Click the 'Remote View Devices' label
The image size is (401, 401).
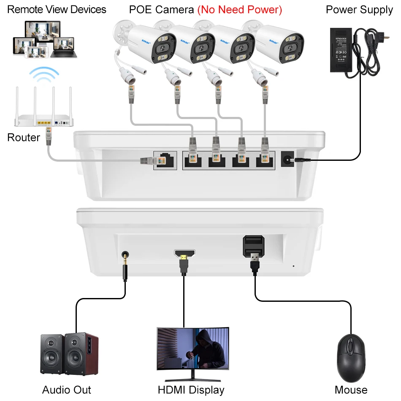pos(57,9)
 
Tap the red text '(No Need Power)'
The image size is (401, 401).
pos(239,9)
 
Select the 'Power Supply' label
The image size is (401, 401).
pos(359,9)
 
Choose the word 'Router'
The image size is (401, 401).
pos(24,138)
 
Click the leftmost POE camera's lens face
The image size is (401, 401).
pos(162,47)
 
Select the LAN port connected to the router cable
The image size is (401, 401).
pos(165,161)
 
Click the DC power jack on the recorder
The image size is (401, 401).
pos(288,159)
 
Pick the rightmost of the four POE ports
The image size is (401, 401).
pos(265,160)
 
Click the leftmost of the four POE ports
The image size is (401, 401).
pos(193,160)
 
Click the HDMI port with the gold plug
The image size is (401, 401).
pos(184,254)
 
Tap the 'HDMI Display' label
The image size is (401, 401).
pos(191,390)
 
